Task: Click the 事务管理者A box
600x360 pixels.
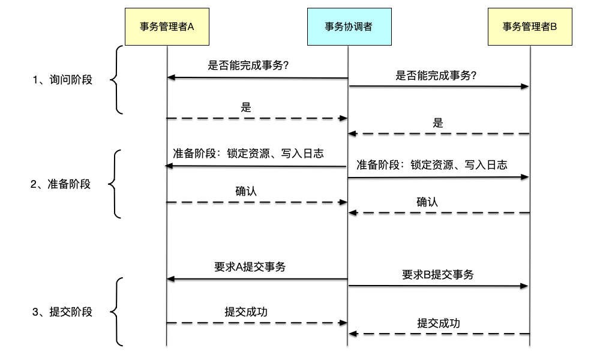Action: [167, 27]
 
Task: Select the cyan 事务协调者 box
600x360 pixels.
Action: [349, 27]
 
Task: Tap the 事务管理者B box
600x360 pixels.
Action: [530, 27]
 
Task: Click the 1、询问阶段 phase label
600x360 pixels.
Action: [62, 79]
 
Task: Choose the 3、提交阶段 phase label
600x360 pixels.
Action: [62, 311]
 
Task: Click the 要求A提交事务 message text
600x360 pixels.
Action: [250, 267]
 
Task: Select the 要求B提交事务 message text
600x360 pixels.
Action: [438, 275]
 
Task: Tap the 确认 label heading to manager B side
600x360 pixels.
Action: [427, 202]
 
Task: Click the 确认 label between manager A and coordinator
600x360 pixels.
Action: [246, 191]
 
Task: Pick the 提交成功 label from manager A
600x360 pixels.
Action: [246, 311]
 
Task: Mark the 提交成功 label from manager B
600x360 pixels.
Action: [439, 323]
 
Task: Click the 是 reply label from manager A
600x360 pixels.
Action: [246, 107]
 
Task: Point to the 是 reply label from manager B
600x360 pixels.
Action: [438, 123]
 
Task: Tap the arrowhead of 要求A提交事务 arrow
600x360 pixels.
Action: [171, 279]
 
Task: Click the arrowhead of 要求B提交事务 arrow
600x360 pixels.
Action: [525, 287]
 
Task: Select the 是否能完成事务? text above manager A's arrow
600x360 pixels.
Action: [248, 66]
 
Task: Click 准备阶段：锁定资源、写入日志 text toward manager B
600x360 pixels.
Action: [432, 164]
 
